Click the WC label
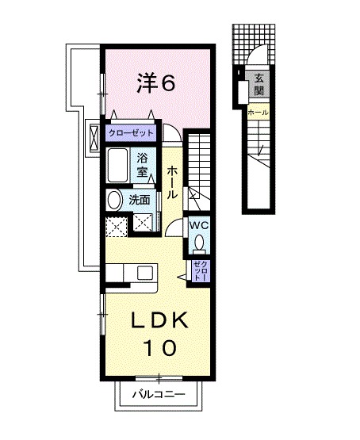click(x=198, y=224)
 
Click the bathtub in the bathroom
click(x=121, y=167)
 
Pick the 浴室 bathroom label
click(x=144, y=165)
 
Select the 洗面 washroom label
click(x=139, y=200)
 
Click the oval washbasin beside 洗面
click(x=115, y=200)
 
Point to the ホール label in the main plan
click(x=172, y=182)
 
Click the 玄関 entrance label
click(x=259, y=82)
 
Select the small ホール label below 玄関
click(x=258, y=113)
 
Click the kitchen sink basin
click(x=145, y=273)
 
